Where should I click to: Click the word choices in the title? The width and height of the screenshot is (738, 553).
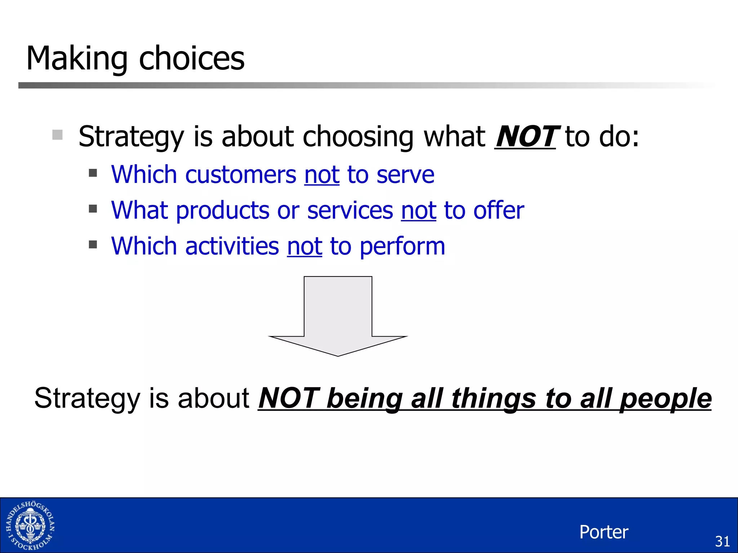coord(192,59)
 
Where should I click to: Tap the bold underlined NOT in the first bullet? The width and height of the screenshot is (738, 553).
coord(525,136)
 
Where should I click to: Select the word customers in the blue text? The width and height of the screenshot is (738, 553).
coord(240,175)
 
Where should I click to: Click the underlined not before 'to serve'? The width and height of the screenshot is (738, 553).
coord(322,175)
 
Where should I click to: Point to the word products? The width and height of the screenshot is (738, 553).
coord(222,211)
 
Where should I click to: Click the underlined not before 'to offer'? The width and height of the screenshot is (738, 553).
coord(418,211)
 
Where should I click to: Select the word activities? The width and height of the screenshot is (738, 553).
coord(232,247)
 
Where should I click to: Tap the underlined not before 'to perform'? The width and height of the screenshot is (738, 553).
coord(304,247)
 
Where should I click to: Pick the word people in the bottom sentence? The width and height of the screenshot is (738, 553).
coord(666,399)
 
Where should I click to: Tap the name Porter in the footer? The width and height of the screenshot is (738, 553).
coord(604,532)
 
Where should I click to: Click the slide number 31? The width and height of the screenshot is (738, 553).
coord(722,541)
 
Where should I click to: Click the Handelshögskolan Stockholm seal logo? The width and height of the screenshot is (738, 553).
coord(30,526)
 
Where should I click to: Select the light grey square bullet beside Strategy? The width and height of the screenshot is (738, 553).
coord(57,135)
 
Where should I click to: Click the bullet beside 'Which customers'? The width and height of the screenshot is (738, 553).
coord(93,173)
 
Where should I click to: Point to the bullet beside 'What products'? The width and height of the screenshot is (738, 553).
coord(93,209)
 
